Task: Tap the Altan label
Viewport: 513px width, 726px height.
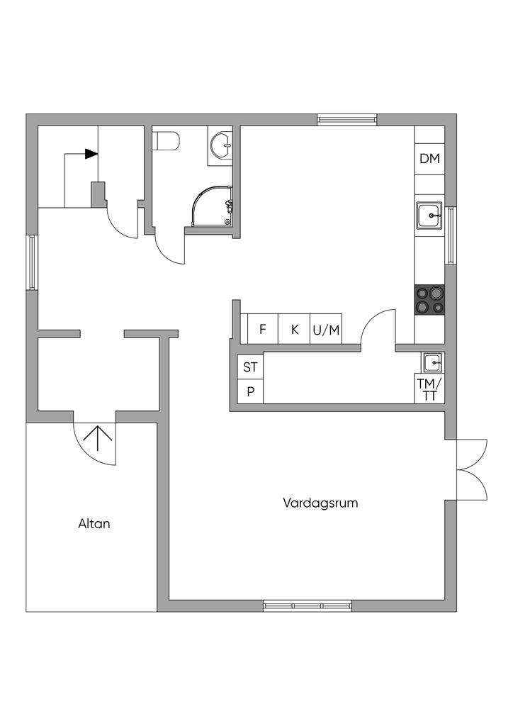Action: click(x=94, y=525)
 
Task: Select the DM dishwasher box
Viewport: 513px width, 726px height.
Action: click(x=429, y=159)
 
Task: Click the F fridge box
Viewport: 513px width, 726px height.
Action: click(x=262, y=330)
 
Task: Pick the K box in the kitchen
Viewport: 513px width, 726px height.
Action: click(x=295, y=330)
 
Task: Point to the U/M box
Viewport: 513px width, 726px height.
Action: click(x=326, y=330)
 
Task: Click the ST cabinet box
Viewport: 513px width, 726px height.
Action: click(x=250, y=367)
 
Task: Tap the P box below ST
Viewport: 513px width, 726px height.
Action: click(x=250, y=391)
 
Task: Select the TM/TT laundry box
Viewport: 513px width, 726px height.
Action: click(x=429, y=390)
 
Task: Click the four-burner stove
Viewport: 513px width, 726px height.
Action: click(x=429, y=299)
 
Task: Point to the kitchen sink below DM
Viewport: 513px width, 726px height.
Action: click(x=429, y=215)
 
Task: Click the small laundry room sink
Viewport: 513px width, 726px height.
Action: click(x=432, y=363)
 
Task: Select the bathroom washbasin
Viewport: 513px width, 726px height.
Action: click(x=220, y=146)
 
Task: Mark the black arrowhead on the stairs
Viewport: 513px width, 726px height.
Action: click(x=91, y=154)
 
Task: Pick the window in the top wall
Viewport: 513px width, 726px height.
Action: click(x=346, y=119)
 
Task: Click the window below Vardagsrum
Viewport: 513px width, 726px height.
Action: click(x=308, y=605)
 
